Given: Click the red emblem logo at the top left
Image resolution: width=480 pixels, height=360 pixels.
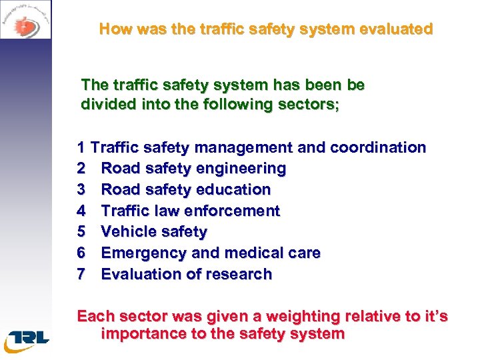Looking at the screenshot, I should (25, 25).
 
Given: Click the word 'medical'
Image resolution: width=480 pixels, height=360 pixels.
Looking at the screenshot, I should (254, 253).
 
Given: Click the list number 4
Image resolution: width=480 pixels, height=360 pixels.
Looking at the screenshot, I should (82, 211).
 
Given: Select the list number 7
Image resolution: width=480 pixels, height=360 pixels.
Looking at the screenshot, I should (82, 274).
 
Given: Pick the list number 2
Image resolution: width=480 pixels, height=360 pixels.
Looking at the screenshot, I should (82, 169).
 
